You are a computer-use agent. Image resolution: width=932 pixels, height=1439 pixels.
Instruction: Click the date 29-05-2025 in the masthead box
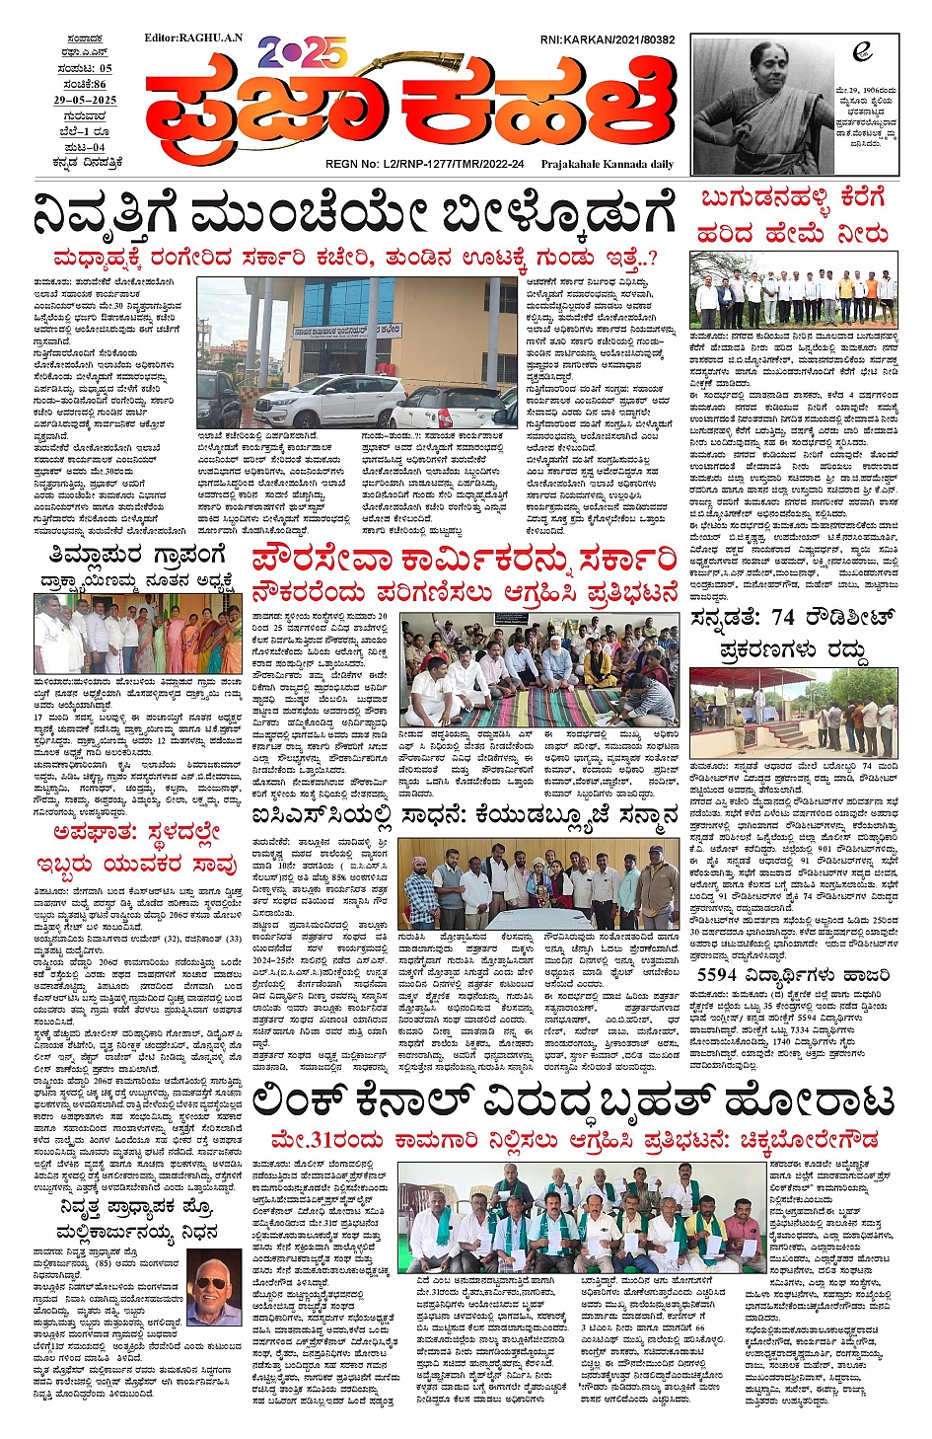pyautogui.click(x=85, y=100)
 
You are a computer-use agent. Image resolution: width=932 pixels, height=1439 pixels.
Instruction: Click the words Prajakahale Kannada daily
pyautogui.click(x=608, y=164)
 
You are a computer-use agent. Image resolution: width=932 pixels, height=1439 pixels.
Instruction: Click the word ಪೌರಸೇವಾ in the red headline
pyautogui.click(x=319, y=560)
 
